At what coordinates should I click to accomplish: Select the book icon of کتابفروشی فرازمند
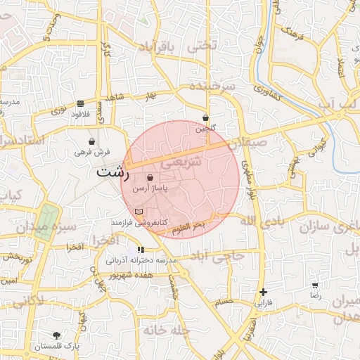coord(139,212)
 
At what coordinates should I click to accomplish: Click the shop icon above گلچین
coord(205,118)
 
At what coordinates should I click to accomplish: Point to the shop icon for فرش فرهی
coord(92,141)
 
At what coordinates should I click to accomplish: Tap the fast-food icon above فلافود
coord(81,103)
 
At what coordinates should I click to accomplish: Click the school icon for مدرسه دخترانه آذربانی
coord(141,250)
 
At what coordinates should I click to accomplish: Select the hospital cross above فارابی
coord(263,292)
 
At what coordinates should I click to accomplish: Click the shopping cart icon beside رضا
coord(315,285)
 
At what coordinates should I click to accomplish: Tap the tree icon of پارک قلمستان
coord(57,335)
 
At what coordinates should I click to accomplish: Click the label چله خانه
coord(167,329)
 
